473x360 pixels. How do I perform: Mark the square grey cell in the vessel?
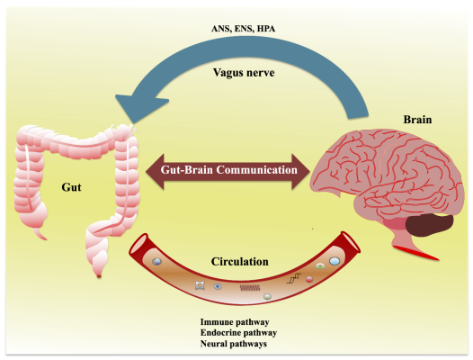click(x=201, y=284)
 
